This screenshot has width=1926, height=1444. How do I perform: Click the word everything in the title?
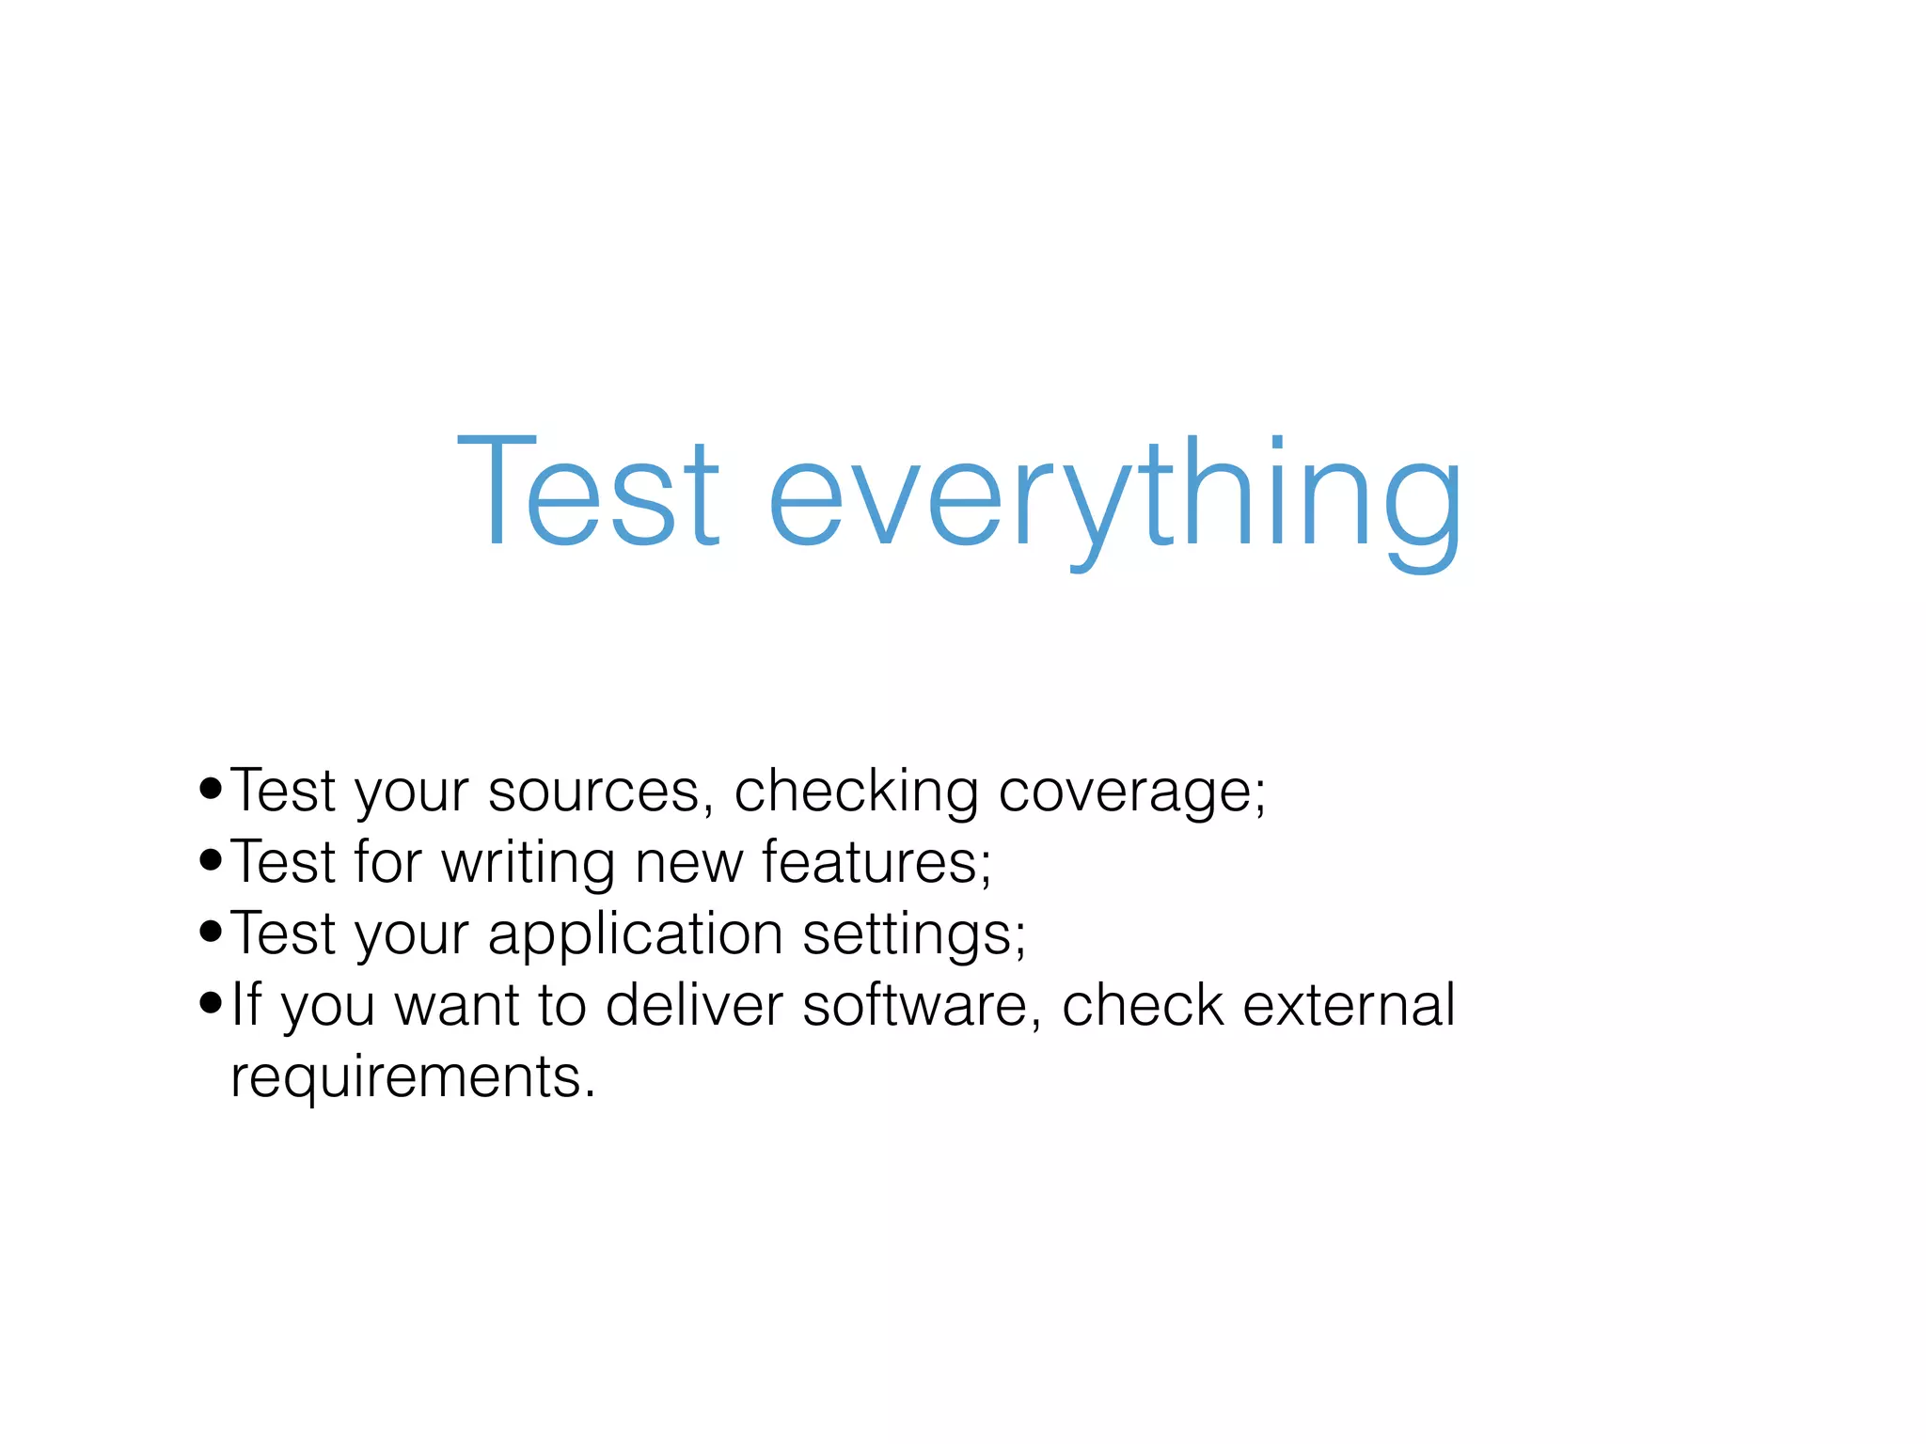1114,498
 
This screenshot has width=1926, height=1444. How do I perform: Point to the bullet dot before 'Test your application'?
211,932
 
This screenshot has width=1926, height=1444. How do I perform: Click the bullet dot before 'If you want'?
211,1003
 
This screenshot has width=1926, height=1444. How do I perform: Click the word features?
876,862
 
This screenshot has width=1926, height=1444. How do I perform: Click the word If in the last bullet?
246,1004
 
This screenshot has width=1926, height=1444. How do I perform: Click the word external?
1350,1004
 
